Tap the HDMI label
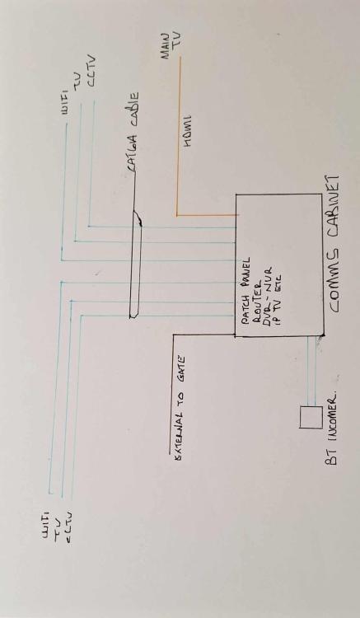pos(187,131)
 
